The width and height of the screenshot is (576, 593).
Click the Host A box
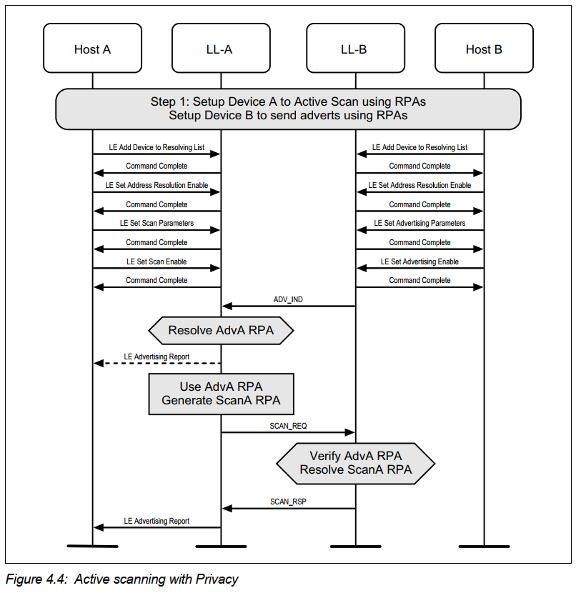(92, 49)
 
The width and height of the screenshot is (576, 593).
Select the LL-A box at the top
(220, 49)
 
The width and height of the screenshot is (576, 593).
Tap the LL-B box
(355, 49)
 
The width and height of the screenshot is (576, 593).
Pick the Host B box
(484, 49)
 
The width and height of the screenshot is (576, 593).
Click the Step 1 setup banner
(288, 109)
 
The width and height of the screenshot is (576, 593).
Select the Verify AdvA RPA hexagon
(355, 463)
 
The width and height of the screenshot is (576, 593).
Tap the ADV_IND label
(288, 299)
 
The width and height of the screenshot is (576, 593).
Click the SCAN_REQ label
(288, 426)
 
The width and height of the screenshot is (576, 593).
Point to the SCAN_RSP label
(288, 502)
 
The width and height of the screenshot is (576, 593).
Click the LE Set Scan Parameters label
(157, 223)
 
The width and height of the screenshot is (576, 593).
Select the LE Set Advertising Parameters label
(419, 223)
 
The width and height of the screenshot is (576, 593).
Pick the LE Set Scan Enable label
(157, 261)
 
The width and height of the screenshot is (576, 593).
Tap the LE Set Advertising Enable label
(419, 261)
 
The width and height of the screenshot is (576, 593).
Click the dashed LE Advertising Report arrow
(157, 364)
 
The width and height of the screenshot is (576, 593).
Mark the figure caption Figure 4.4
(121, 579)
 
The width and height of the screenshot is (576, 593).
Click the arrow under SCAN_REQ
(288, 432)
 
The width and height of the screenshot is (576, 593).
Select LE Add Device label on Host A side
(157, 147)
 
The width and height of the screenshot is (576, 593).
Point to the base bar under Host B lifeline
(484, 547)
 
